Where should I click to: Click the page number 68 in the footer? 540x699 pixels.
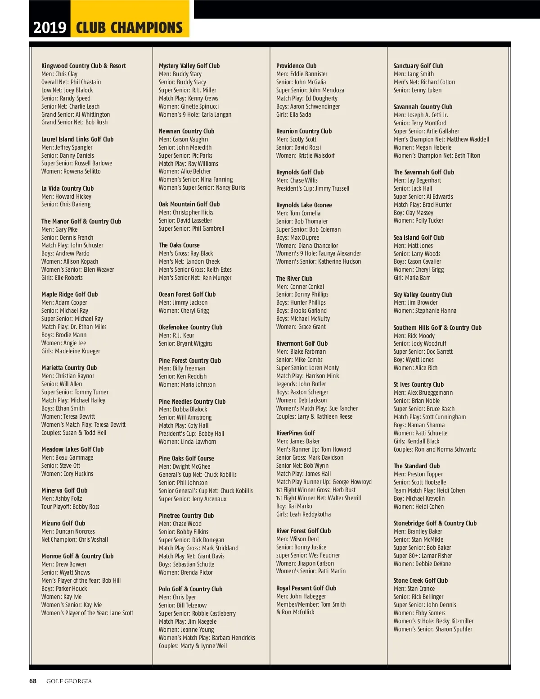point(33,681)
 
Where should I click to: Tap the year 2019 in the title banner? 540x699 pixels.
point(49,28)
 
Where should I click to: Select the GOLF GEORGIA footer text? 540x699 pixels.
point(69,681)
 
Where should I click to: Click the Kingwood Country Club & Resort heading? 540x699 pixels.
point(83,66)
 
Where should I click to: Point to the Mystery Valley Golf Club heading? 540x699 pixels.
point(189,66)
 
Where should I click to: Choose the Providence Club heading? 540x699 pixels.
point(296,66)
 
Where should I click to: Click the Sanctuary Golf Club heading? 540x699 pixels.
point(418,66)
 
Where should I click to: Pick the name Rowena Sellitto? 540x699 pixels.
point(82,171)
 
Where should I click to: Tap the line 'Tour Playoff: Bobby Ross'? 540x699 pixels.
point(70,507)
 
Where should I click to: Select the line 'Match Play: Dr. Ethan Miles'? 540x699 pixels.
point(74,327)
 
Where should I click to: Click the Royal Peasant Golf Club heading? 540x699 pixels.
point(306,588)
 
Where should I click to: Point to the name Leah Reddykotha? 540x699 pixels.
point(310,514)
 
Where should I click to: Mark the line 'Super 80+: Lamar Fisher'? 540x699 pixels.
point(423,556)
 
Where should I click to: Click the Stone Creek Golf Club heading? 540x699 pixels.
point(420,580)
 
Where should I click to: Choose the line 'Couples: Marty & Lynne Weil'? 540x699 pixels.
point(193,646)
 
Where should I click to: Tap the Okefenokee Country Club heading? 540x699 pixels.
point(190,327)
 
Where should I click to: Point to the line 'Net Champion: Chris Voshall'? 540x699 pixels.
point(75,539)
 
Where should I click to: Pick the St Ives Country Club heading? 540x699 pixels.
point(418,384)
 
